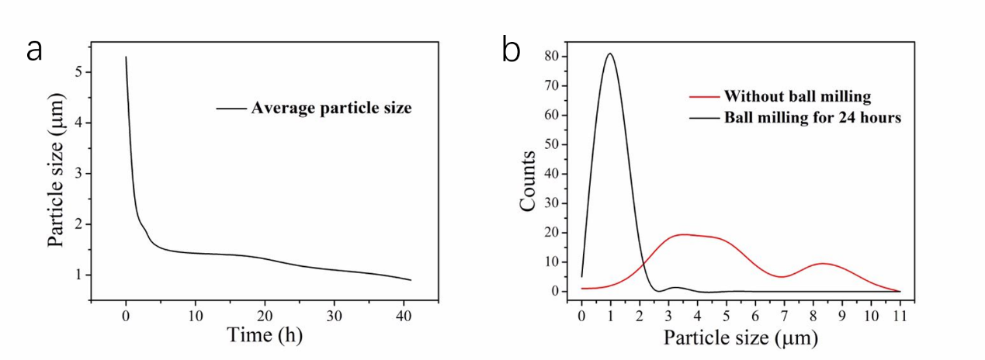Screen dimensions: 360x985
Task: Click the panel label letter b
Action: tap(511, 51)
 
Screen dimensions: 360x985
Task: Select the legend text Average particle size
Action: tap(331, 108)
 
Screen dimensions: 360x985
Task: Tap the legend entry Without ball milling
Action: tap(797, 97)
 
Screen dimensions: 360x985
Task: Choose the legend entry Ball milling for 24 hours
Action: tap(812, 119)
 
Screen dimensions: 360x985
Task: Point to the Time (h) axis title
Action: tap(264, 335)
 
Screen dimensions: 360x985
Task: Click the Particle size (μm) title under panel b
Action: tap(740, 338)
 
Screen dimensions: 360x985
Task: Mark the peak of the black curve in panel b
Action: tap(610, 54)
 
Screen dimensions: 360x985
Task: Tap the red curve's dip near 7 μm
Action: tap(783, 277)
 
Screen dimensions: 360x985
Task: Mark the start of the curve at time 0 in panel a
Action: tap(126, 57)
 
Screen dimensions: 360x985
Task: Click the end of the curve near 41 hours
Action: tap(410, 280)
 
